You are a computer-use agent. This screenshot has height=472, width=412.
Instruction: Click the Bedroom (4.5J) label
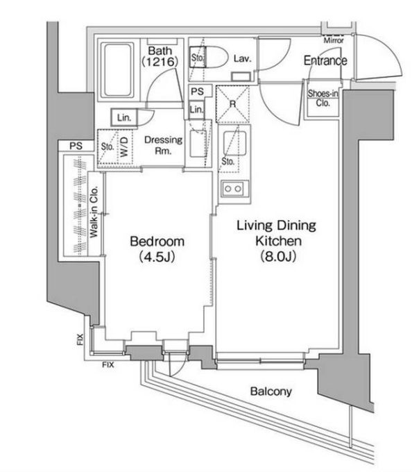[157, 248]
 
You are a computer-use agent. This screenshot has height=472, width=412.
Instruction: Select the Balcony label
[271, 391]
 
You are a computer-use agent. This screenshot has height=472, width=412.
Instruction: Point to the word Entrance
[325, 61]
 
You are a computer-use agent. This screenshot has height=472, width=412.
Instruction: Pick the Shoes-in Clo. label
[323, 97]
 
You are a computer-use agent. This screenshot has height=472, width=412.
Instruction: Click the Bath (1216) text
[162, 56]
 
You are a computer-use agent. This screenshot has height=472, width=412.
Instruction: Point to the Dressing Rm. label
[163, 144]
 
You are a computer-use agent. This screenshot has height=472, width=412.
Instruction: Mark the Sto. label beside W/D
[108, 147]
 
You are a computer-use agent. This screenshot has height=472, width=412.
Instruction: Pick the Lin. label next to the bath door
[125, 117]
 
